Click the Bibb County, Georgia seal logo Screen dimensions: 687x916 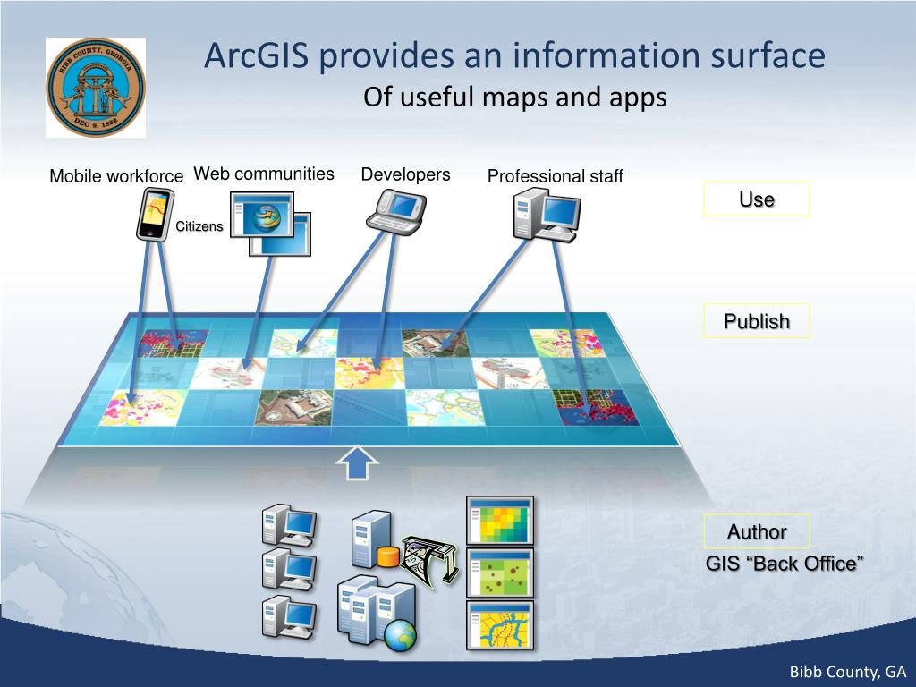point(96,88)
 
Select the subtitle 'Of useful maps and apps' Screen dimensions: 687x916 point(514,98)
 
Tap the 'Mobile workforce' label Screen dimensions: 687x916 point(116,176)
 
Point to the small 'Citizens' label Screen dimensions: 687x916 point(199,226)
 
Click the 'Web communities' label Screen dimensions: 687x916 point(264,174)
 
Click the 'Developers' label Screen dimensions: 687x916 point(405,174)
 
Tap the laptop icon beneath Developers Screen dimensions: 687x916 point(397,211)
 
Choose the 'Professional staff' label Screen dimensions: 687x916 point(555,176)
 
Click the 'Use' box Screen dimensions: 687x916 point(756,199)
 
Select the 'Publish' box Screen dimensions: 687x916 point(756,321)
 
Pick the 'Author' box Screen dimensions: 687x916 point(756,531)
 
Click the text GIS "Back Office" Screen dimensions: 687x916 point(785,564)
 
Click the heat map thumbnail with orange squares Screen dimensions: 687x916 point(500,520)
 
